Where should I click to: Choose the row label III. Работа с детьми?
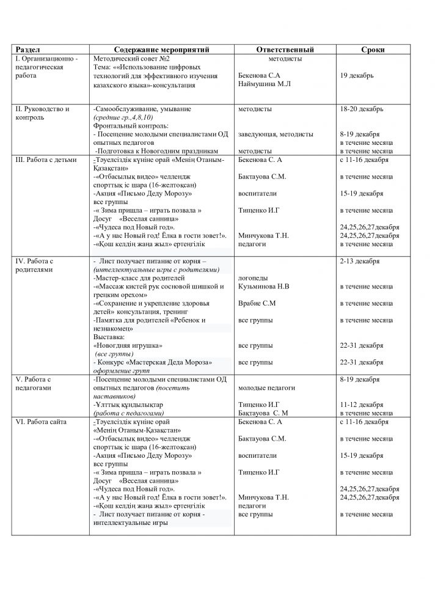[46, 159]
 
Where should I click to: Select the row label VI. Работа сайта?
[42, 422]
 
